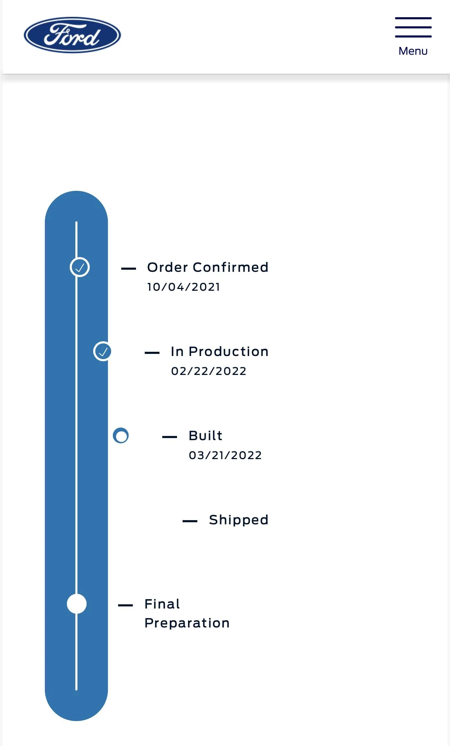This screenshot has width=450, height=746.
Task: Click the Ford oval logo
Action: (x=72, y=35)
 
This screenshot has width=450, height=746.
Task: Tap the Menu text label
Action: (x=413, y=51)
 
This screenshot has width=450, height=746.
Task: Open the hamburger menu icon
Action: (x=413, y=27)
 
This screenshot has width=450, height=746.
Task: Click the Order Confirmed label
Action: (x=208, y=267)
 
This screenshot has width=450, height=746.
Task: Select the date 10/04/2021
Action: (x=184, y=287)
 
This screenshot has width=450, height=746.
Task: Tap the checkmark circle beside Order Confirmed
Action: (x=80, y=267)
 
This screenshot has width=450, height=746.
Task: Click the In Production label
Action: (x=220, y=351)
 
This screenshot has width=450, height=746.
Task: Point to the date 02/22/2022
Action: (x=209, y=371)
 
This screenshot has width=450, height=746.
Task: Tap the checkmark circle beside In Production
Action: (x=102, y=351)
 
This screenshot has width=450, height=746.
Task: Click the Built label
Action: (x=205, y=436)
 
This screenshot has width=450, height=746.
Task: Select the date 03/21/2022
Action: (x=225, y=455)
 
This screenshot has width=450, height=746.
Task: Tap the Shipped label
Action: (x=239, y=520)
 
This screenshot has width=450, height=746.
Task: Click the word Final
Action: (x=162, y=604)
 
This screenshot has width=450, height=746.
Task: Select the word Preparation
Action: (x=187, y=623)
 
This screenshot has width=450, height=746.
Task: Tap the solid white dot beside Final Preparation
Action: (x=77, y=604)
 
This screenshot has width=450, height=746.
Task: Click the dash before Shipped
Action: (x=190, y=521)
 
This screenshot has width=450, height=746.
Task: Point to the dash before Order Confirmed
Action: (x=129, y=269)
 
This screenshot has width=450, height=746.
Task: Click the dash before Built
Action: (x=170, y=437)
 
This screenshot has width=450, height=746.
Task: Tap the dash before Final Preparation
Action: (x=125, y=605)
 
